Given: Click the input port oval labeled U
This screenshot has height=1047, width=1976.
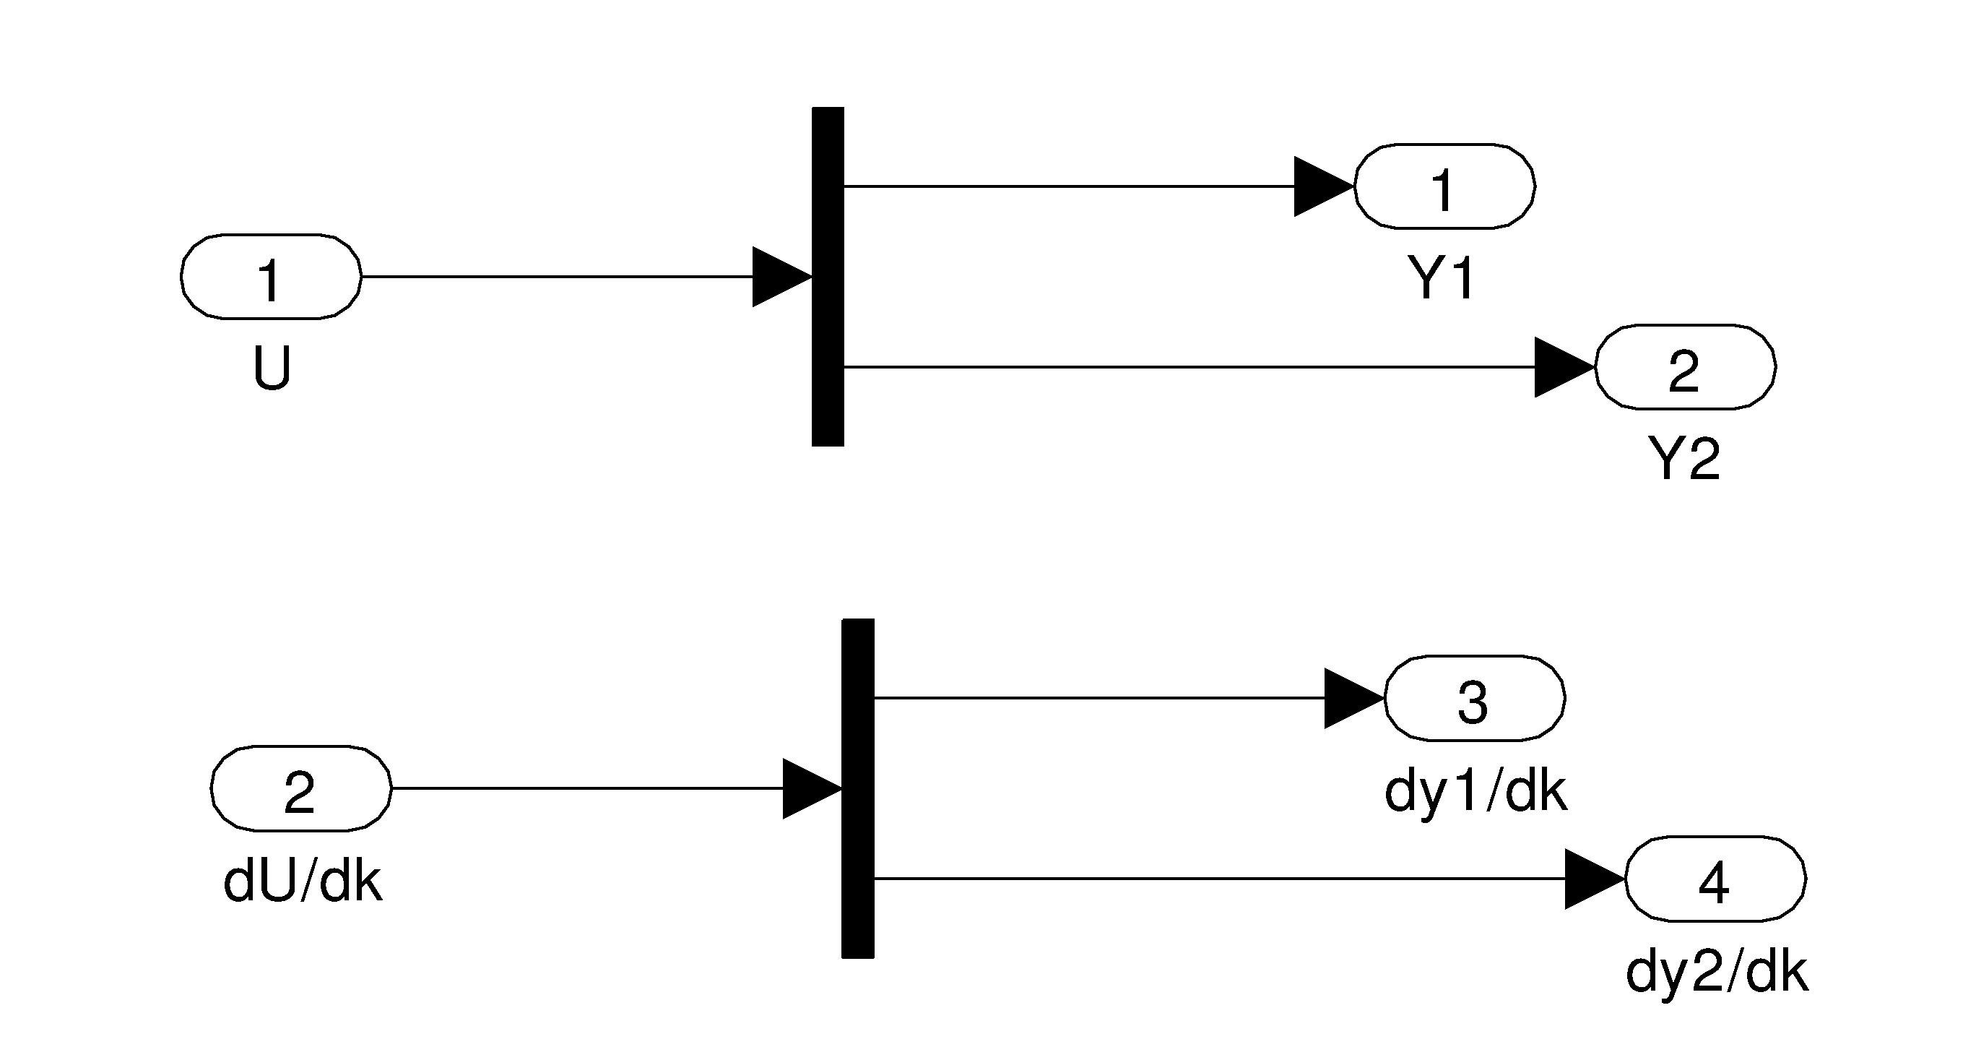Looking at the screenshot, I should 271,277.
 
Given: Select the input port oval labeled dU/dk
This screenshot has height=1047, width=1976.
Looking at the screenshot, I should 300,788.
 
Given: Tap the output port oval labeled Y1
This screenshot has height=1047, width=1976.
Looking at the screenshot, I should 1444,186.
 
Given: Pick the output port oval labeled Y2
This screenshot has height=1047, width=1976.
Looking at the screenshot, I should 1684,368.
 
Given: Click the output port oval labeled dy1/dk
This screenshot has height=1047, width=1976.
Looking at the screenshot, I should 1473,699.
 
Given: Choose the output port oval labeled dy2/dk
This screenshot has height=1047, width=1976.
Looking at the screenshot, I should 1715,879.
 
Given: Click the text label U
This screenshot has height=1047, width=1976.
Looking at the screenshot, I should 272,369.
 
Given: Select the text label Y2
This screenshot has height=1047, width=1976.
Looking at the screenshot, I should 1683,459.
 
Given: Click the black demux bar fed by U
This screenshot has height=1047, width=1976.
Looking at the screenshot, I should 828,276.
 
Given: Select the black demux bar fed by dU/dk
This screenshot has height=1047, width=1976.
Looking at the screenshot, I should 857,788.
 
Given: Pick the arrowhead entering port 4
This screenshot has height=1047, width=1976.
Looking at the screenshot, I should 1593,879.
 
